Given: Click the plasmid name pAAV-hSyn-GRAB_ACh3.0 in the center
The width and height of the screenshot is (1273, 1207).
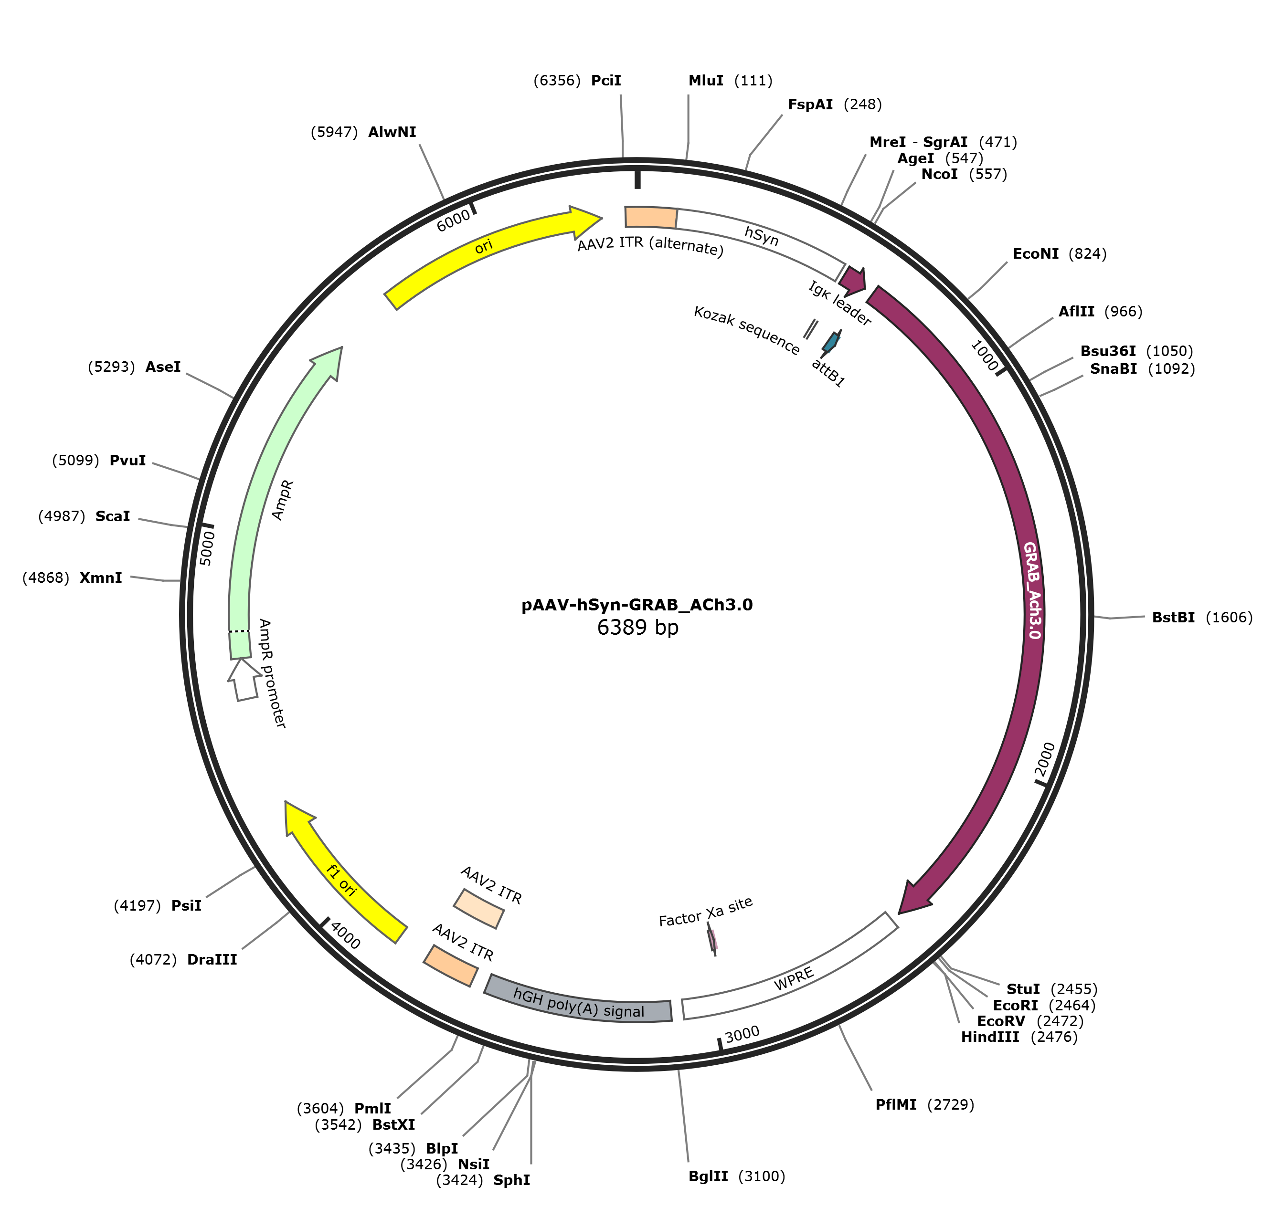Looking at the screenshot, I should [x=636, y=605].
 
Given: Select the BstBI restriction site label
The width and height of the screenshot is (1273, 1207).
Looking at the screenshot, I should [x=1173, y=618].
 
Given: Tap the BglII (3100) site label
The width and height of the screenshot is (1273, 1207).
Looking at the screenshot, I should [x=708, y=1176].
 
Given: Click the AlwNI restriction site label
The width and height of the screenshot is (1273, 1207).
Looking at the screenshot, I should [x=392, y=132].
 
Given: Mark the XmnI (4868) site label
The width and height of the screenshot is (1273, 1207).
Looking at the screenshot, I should [x=100, y=578].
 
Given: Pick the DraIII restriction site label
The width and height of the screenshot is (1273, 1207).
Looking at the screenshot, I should [x=212, y=959].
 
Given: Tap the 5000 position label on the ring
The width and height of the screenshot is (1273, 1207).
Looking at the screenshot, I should [x=206, y=548].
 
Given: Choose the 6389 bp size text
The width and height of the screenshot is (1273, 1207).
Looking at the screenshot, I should [x=637, y=627].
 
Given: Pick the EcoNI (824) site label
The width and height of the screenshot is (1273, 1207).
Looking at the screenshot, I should [x=1036, y=254].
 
